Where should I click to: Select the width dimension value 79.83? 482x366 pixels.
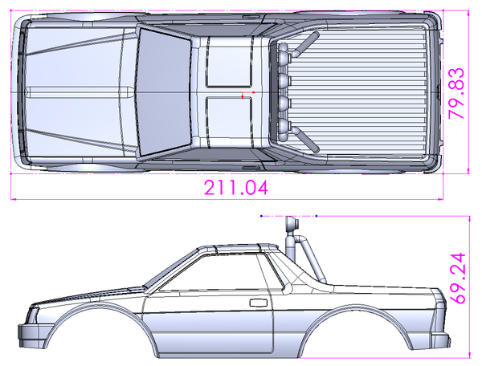457,93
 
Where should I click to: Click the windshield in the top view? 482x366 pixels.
163,90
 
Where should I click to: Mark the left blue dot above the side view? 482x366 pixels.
263,216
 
